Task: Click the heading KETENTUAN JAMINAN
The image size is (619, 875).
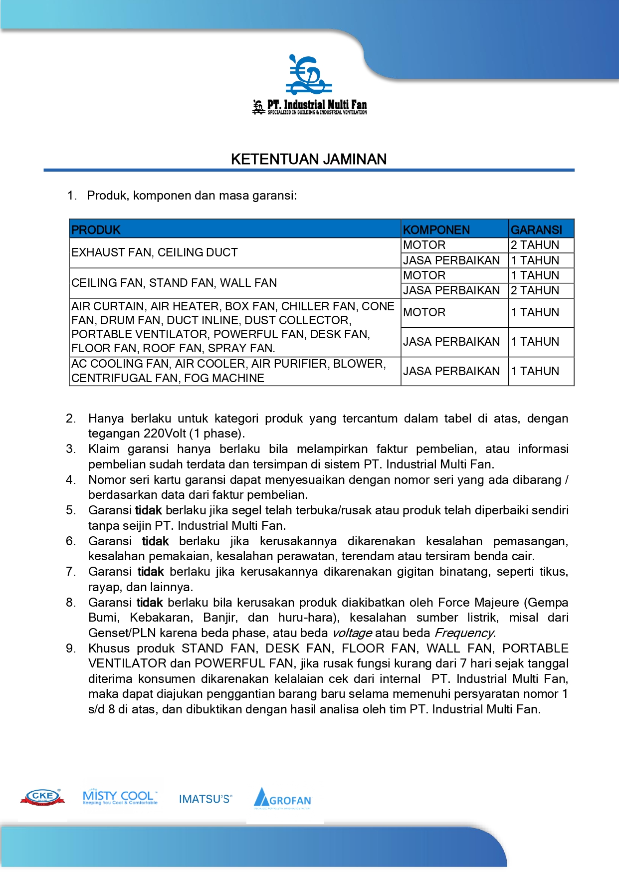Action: point(309,159)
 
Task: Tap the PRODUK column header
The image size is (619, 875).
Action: point(96,230)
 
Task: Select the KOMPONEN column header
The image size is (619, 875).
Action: point(436,230)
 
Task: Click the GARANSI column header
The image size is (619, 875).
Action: point(536,230)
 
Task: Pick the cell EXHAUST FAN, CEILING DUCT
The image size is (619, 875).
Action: point(155,252)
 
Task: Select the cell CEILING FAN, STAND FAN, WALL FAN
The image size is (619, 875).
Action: point(174,283)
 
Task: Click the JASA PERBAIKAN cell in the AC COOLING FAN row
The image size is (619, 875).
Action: point(451,371)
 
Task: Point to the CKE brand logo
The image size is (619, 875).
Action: point(42,797)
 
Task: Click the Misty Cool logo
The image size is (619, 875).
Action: point(120,797)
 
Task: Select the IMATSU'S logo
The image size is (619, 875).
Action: point(206,799)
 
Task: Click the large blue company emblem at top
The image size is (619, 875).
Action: point(309,75)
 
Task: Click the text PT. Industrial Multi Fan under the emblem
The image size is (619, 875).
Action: point(317,105)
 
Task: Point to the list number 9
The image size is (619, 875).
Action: point(71,649)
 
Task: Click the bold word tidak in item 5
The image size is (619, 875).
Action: point(149,510)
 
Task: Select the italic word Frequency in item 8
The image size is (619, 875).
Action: point(464,633)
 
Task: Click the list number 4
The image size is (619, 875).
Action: point(71,480)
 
